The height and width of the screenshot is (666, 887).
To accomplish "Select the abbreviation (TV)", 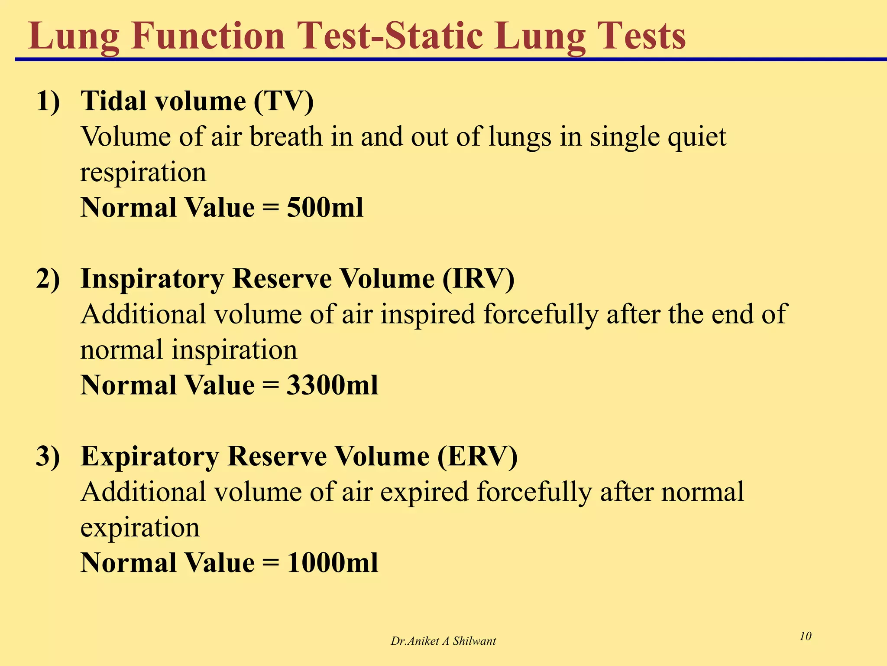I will click(284, 101).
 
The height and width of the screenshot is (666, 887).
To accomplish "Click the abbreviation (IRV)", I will click(478, 279).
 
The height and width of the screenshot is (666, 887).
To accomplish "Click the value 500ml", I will click(325, 208).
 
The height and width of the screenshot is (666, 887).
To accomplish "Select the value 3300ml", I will click(332, 385).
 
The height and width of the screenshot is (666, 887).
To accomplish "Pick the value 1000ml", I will click(332, 563).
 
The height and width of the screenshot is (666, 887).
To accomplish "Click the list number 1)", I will click(48, 101).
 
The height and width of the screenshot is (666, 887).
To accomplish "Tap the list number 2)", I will click(48, 279).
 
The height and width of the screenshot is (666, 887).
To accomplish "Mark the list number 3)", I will click(48, 456).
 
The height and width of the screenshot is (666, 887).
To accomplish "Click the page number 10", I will click(805, 636).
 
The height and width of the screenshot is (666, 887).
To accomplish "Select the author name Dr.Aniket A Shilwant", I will click(443, 641).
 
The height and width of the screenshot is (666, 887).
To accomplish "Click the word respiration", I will click(143, 173).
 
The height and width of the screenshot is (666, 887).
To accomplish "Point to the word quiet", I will click(697, 137).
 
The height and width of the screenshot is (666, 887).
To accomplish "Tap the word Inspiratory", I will click(152, 279).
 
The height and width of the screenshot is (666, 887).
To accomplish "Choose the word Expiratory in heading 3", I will click(149, 456).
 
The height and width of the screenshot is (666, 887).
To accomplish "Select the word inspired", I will click(428, 314).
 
